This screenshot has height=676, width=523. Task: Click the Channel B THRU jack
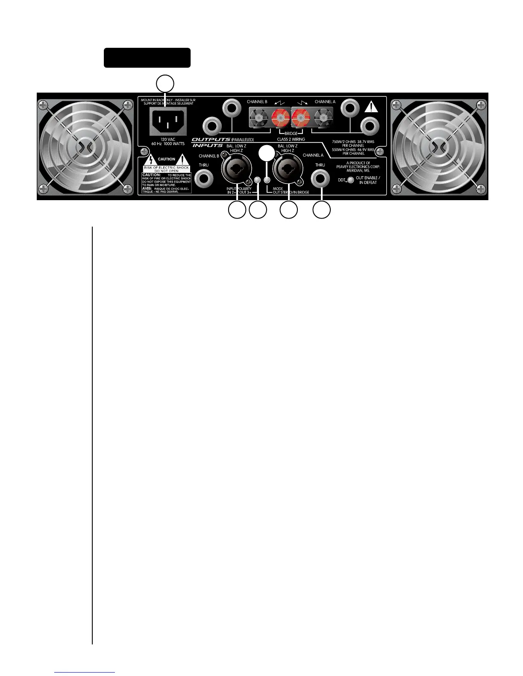click(204, 178)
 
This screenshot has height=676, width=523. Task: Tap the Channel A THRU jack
click(320, 178)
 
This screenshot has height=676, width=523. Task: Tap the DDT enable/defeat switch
click(350, 180)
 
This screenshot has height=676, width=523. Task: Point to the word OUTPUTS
click(211, 139)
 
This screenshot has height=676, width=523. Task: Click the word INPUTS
click(207, 146)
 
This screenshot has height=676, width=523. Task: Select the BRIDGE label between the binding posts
click(291, 134)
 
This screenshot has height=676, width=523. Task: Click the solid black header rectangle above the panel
click(147, 58)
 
